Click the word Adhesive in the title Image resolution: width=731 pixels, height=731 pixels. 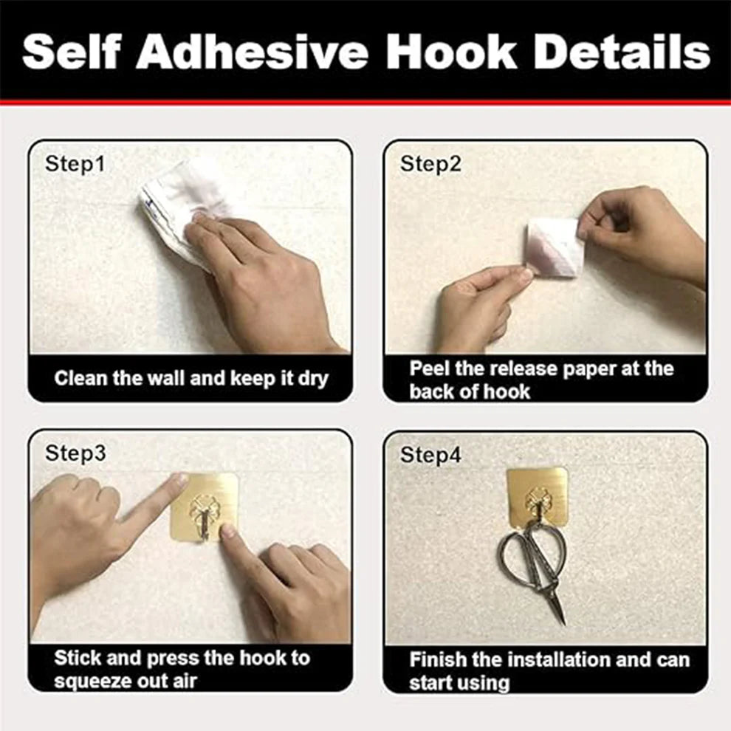click(x=251, y=52)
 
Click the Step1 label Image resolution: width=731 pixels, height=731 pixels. click(x=75, y=164)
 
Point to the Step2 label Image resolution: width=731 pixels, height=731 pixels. click(x=430, y=164)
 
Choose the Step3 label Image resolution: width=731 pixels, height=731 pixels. click(x=75, y=453)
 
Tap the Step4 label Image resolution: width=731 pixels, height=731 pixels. click(x=430, y=456)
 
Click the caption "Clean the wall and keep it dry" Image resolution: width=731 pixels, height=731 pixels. click(x=191, y=379)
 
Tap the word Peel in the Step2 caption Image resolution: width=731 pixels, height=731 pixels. click(x=428, y=368)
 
